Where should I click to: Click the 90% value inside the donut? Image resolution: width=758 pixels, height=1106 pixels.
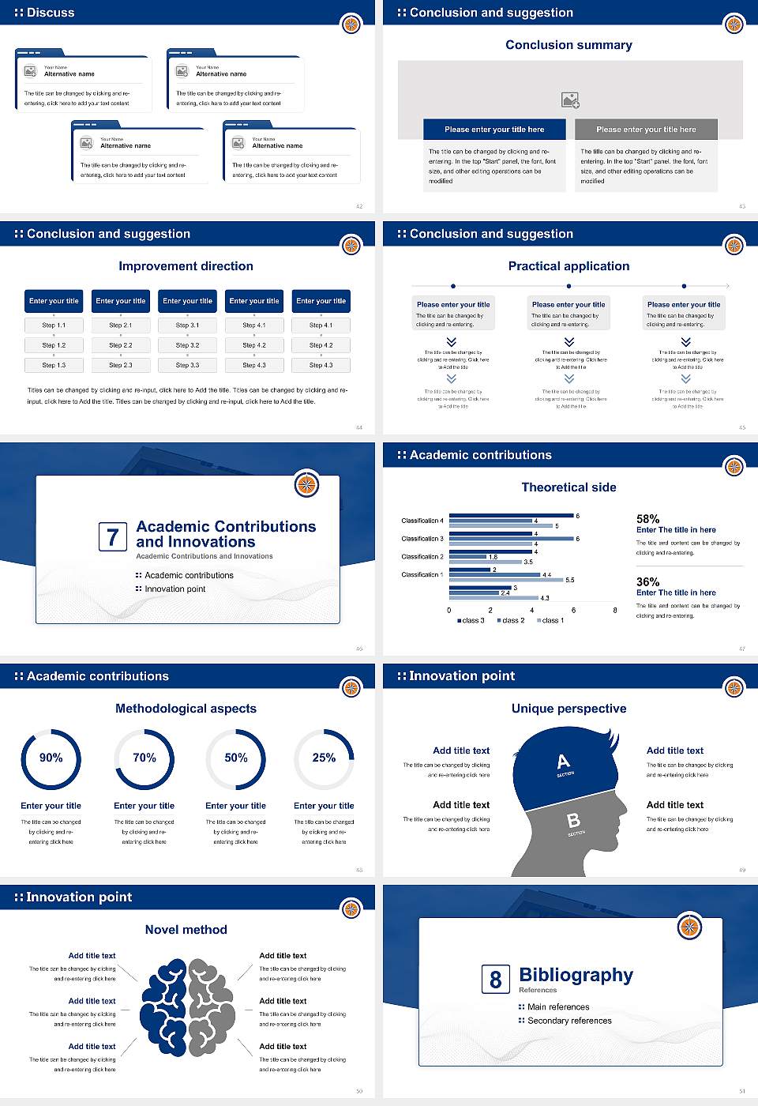tap(51, 758)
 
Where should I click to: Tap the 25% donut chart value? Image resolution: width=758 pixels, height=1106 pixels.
tap(324, 758)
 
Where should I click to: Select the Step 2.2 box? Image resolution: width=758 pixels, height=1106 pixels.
tap(121, 345)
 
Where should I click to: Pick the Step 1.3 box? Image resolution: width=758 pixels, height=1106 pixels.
tap(54, 365)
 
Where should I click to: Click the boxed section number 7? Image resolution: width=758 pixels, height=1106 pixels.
tap(112, 537)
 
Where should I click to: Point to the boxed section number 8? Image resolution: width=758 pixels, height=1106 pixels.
tap(495, 980)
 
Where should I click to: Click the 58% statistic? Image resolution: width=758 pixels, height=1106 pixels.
tap(647, 519)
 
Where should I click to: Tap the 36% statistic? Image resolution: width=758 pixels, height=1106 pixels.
tap(647, 581)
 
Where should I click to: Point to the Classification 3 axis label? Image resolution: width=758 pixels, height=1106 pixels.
tap(422, 539)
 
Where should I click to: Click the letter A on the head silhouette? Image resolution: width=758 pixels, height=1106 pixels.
tap(563, 762)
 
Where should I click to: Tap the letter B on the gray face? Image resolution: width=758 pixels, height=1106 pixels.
tap(574, 821)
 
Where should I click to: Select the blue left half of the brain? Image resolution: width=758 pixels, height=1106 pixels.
tap(164, 1007)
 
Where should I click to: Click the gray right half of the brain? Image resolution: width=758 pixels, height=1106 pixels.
tap(211, 1007)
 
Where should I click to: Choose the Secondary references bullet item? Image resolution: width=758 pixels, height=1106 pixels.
tap(568, 1021)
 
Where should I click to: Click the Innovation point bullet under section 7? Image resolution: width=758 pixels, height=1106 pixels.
tap(174, 589)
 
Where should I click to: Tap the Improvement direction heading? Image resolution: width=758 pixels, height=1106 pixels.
tap(186, 266)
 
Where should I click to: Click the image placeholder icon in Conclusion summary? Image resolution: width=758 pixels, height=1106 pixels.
tap(570, 100)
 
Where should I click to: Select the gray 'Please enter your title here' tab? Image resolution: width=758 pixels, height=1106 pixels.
tap(646, 130)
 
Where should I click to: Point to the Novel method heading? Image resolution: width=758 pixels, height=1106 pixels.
tap(186, 930)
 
